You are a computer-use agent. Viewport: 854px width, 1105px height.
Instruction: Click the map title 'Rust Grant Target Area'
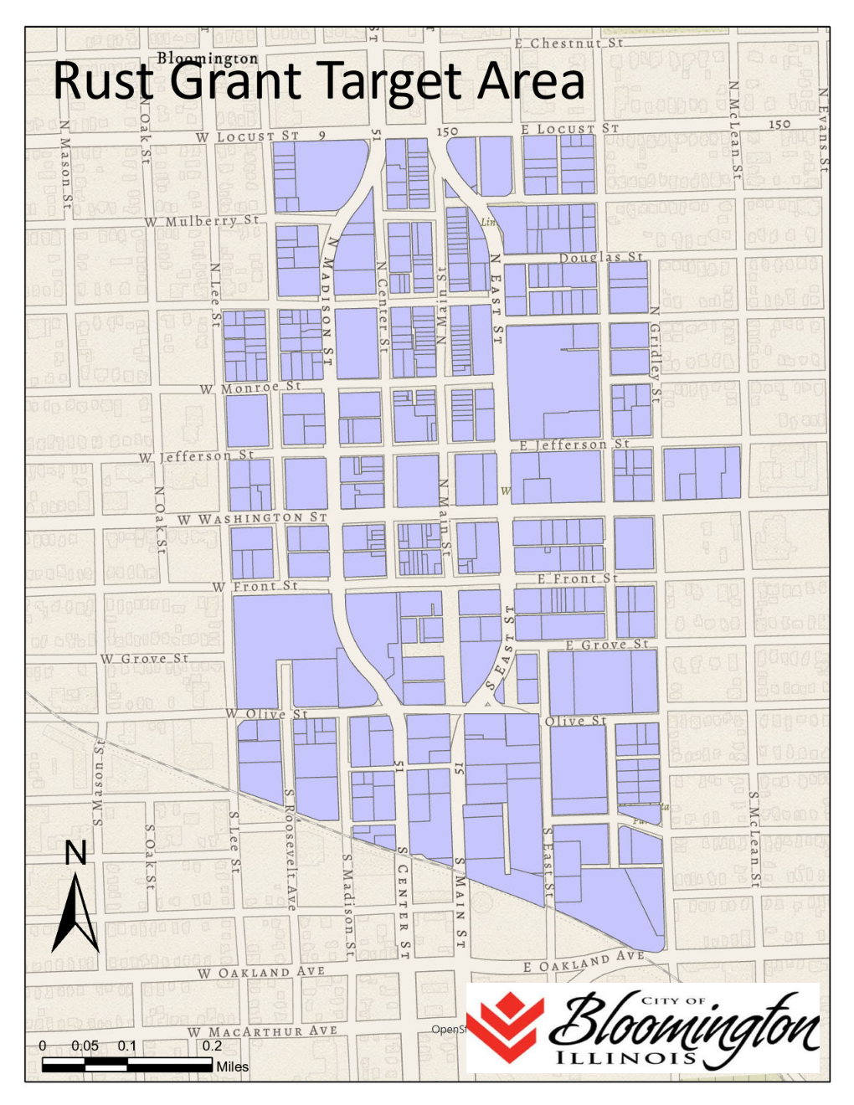click(x=318, y=82)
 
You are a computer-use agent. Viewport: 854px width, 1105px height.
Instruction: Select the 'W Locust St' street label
click(x=247, y=136)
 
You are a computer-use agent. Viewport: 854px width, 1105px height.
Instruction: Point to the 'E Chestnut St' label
click(x=568, y=43)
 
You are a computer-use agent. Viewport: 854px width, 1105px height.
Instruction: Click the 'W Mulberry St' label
click(x=202, y=221)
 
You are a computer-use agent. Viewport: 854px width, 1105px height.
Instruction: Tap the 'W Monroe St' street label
click(x=250, y=388)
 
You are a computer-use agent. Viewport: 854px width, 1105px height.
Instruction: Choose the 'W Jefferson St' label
click(x=196, y=456)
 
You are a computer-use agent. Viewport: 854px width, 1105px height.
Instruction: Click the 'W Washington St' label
click(x=251, y=518)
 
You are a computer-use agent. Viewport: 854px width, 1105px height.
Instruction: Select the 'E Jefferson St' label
click(x=574, y=445)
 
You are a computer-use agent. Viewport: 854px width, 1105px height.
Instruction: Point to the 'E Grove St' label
click(x=607, y=645)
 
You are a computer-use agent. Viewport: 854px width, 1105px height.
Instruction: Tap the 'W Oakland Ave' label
click(x=260, y=973)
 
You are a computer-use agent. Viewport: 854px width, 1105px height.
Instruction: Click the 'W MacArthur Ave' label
click(x=262, y=1031)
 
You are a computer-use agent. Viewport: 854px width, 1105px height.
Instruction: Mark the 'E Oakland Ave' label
click(x=584, y=962)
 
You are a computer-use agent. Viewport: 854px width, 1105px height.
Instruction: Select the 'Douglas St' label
click(x=601, y=257)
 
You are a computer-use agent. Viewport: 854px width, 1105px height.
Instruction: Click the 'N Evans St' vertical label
click(x=824, y=130)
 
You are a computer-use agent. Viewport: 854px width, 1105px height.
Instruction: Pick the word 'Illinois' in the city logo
click(x=626, y=1057)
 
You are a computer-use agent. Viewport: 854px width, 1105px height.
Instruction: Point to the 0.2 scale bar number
click(x=212, y=1046)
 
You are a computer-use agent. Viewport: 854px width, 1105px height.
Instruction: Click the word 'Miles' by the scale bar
click(x=232, y=1066)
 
